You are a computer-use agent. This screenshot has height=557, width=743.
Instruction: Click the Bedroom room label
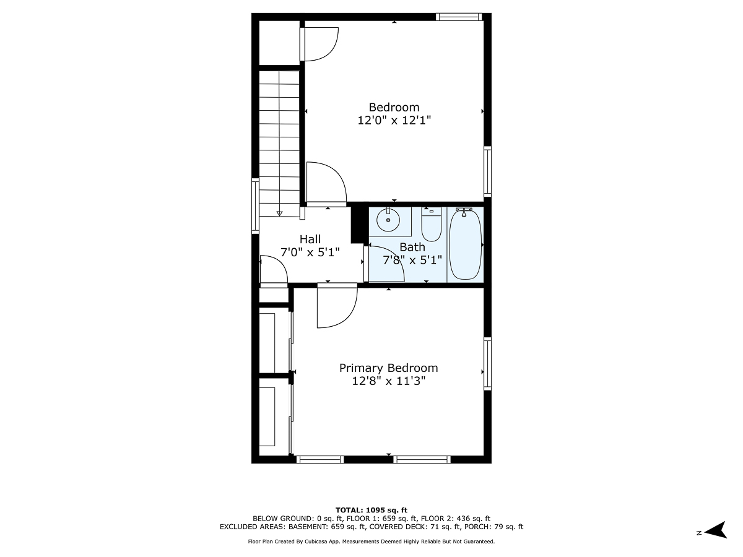click(394, 107)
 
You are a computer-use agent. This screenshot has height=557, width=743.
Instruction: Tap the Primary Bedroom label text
click(388, 368)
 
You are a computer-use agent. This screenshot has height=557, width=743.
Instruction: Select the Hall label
click(310, 239)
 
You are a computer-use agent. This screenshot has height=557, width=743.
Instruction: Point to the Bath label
click(412, 247)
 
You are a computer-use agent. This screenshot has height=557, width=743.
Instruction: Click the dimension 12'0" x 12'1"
click(394, 121)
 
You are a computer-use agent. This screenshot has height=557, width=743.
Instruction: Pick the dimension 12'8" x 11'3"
click(388, 381)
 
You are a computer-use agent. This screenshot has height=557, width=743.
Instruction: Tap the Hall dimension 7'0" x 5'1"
click(310, 253)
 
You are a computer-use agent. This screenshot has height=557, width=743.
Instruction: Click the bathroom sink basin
click(389, 220)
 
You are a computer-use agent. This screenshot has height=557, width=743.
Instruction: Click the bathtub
click(465, 244)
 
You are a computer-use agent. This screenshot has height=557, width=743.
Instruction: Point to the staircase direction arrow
click(279, 213)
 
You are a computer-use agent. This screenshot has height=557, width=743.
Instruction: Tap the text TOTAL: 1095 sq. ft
click(371, 509)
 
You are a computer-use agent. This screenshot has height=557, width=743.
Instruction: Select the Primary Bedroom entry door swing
click(336, 306)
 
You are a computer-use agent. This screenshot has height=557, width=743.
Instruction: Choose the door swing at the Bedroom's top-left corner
click(319, 44)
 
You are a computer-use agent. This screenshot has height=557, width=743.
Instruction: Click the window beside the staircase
click(254, 205)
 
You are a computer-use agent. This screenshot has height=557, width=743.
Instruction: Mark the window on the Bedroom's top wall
click(458, 17)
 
